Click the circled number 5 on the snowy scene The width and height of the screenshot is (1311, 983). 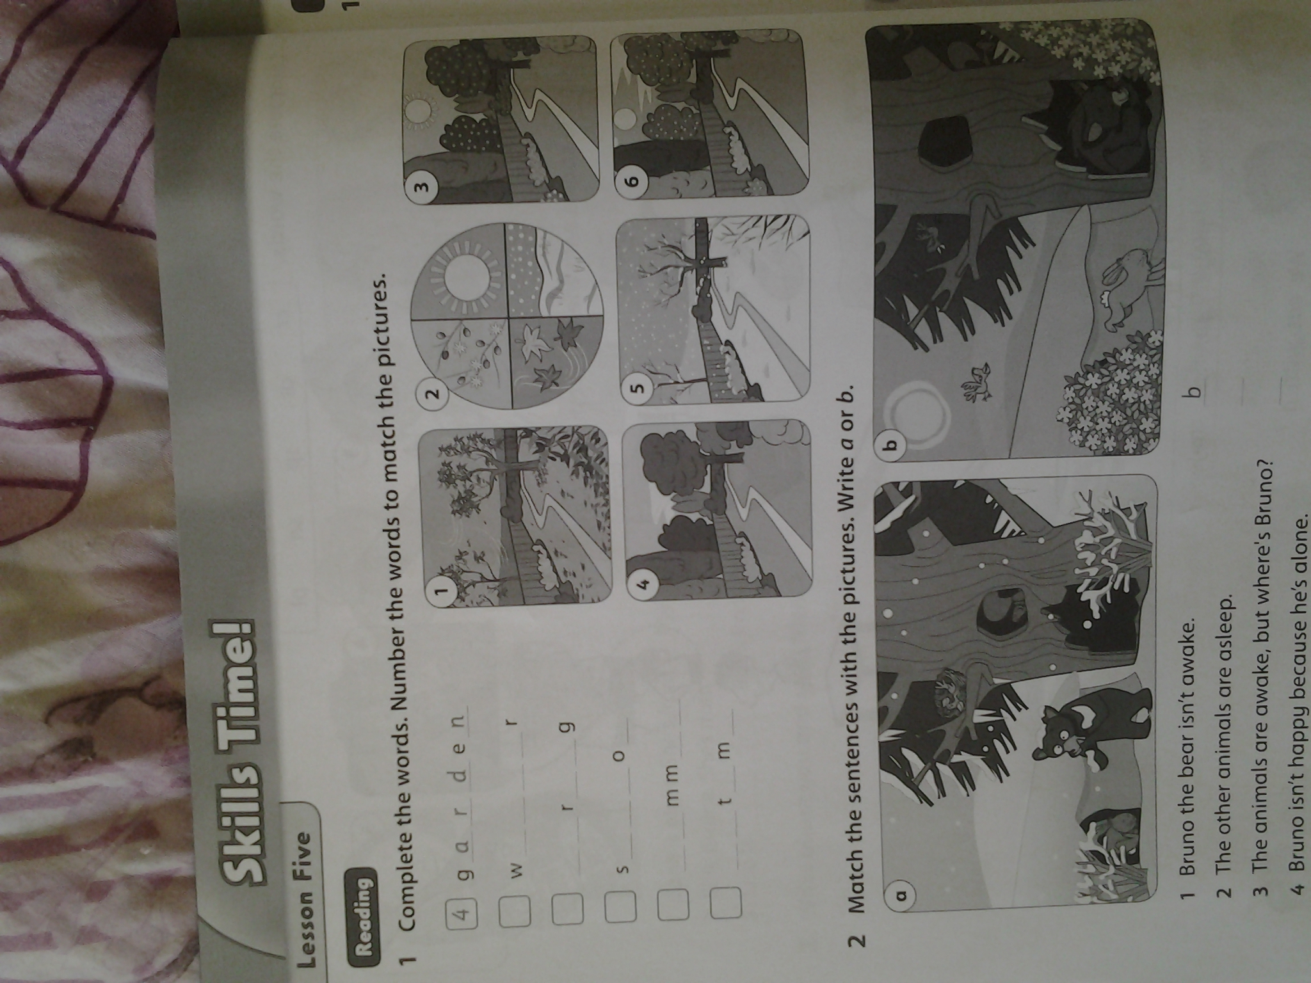(640, 386)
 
